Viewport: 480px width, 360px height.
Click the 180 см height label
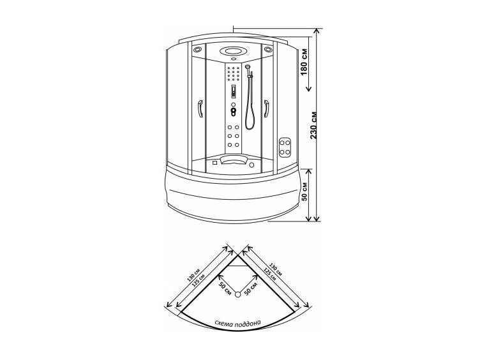coord(304,63)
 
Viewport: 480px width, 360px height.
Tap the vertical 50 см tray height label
coord(304,191)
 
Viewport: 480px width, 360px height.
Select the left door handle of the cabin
coord(200,109)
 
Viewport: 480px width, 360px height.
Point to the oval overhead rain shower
coord(233,51)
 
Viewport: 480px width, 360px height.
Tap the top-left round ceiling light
coord(197,49)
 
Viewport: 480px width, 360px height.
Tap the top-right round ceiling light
coord(268,49)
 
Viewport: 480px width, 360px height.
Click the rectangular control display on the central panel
coord(234,91)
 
